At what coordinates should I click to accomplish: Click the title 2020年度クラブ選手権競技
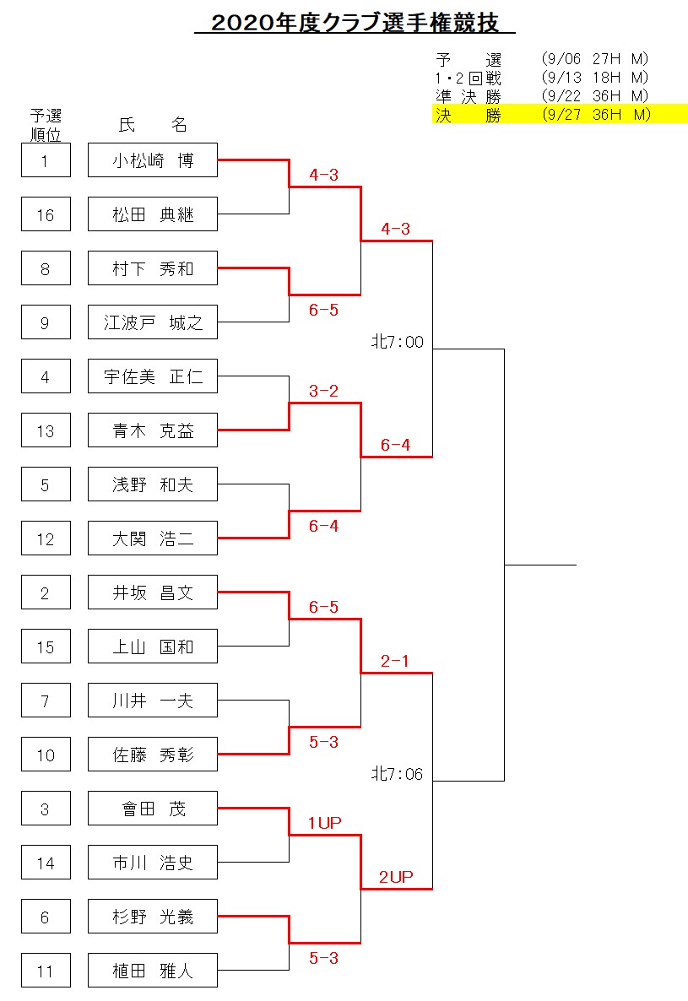(x=355, y=23)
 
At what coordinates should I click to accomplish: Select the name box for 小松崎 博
(x=153, y=160)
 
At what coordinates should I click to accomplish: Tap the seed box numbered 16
(x=46, y=214)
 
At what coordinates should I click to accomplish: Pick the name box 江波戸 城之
(x=153, y=322)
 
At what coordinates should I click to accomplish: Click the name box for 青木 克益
(x=153, y=430)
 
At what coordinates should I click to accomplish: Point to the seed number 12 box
(x=46, y=538)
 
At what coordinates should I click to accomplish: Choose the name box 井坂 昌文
(x=153, y=592)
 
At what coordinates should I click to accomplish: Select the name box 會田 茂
(x=153, y=809)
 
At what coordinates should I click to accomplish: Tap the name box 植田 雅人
(x=153, y=971)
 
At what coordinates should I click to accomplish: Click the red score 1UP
(x=324, y=823)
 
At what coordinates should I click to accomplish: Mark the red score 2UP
(x=396, y=877)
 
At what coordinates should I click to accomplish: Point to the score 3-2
(x=323, y=391)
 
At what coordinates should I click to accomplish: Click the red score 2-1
(x=394, y=661)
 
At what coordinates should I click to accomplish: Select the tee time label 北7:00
(x=398, y=342)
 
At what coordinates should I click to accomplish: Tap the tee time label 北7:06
(x=398, y=774)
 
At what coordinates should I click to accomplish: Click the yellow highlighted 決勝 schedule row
(x=560, y=114)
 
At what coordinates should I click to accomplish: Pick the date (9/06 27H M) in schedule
(x=595, y=59)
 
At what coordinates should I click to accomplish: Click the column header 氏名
(x=153, y=124)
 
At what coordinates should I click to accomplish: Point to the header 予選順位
(x=46, y=125)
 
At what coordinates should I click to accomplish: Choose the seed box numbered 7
(x=46, y=701)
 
